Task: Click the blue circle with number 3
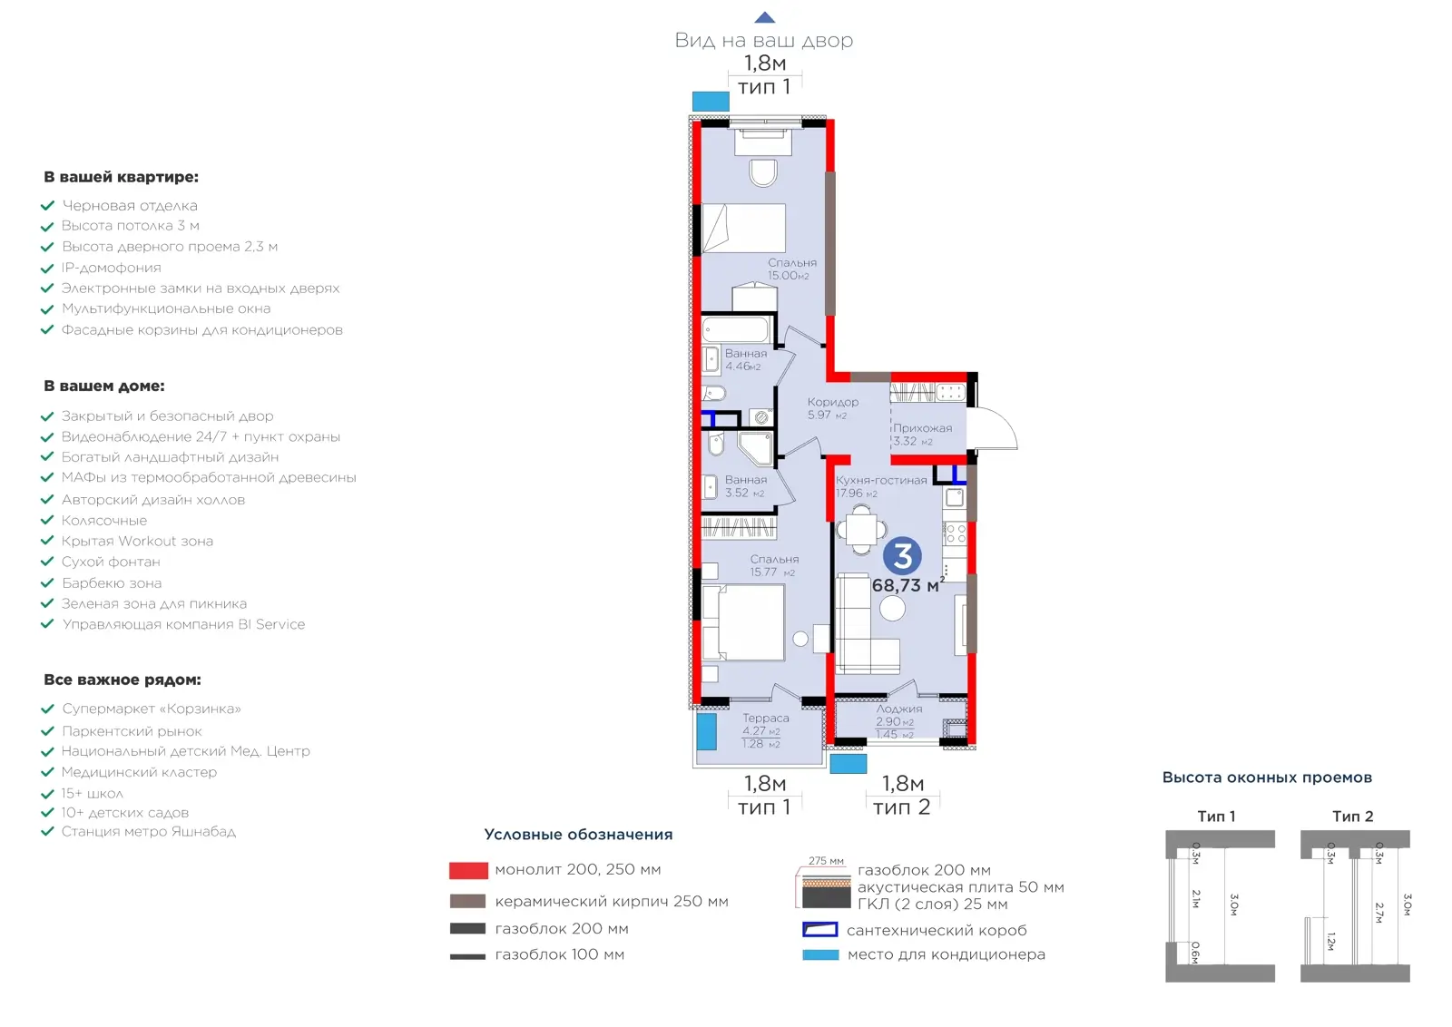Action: (x=902, y=556)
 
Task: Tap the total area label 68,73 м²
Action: (x=907, y=585)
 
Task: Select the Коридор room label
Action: (x=832, y=402)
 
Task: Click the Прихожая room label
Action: (x=922, y=428)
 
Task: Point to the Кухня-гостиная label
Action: (x=881, y=480)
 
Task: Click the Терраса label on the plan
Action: (x=766, y=718)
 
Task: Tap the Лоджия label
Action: (x=899, y=709)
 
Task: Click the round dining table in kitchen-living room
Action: (x=861, y=530)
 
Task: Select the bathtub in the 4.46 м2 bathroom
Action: (x=736, y=329)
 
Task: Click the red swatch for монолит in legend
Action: (x=468, y=870)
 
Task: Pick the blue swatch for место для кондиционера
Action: (x=820, y=954)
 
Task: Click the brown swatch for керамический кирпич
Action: (x=467, y=901)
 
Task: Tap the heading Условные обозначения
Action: (x=578, y=835)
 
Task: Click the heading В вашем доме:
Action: (x=104, y=386)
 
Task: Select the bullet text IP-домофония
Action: (x=111, y=268)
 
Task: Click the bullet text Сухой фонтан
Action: (x=111, y=562)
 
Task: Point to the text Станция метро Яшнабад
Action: (x=149, y=831)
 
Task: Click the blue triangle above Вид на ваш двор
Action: (x=765, y=17)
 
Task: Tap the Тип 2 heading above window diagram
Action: (x=1353, y=817)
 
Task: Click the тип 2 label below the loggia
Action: (x=902, y=807)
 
